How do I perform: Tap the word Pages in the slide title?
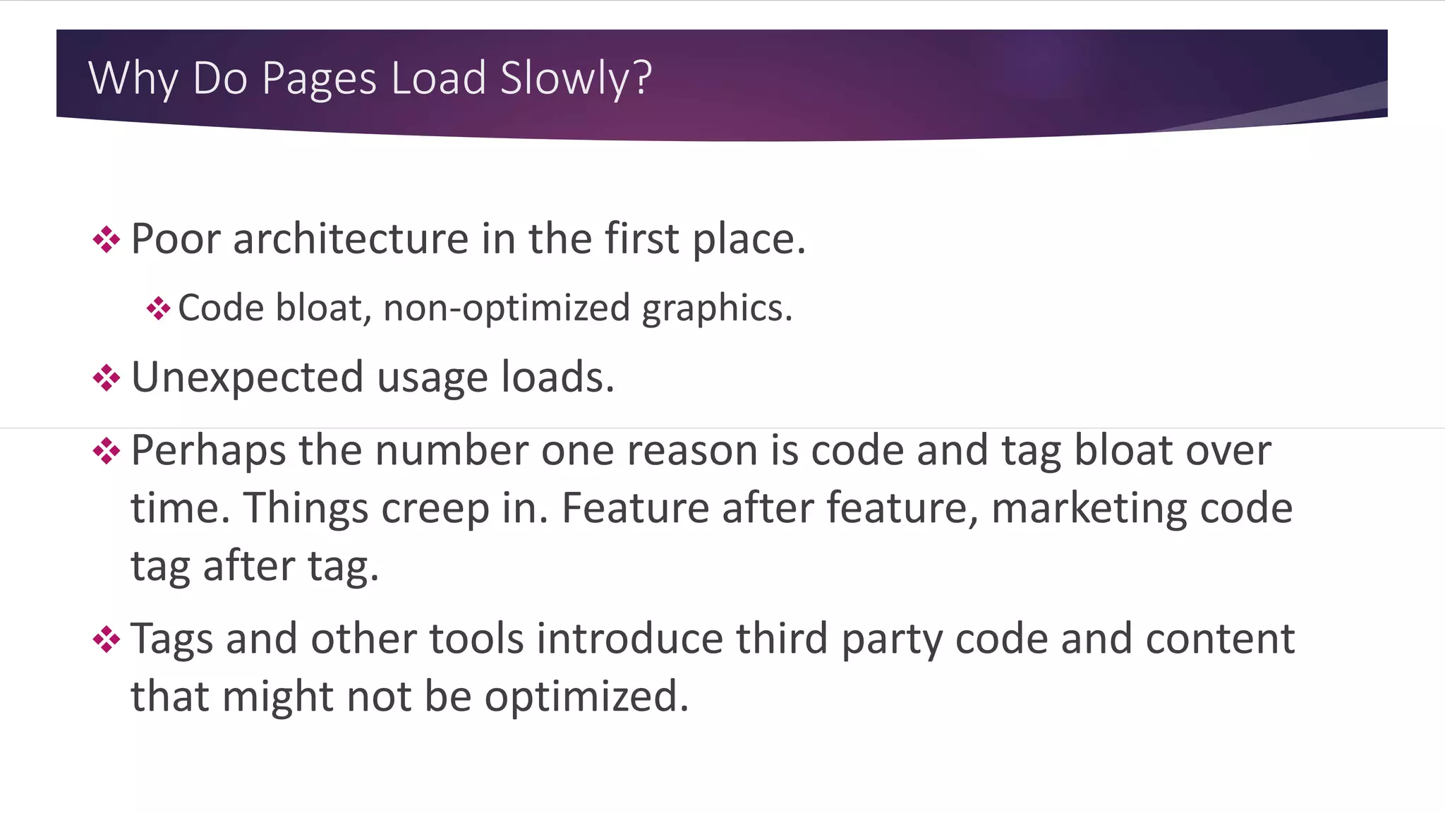click(319, 78)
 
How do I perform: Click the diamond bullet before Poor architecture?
click(107, 240)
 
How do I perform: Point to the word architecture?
click(351, 239)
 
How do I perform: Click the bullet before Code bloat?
click(159, 308)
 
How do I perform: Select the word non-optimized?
click(506, 308)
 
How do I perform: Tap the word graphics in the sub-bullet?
click(716, 308)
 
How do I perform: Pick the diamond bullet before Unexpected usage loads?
click(107, 378)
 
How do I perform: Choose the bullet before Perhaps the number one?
click(107, 451)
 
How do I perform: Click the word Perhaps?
click(208, 451)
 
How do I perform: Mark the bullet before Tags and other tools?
click(107, 639)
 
